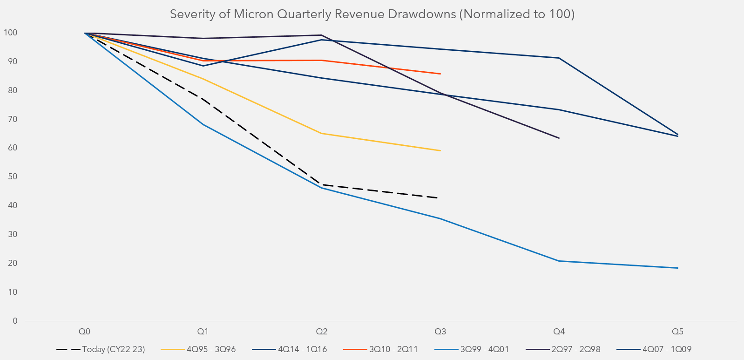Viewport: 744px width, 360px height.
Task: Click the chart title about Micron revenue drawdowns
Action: [372, 14]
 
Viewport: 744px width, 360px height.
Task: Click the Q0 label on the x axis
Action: [84, 332]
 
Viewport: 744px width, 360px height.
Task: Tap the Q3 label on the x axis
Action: [440, 332]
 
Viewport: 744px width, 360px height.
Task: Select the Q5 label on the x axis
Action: [677, 332]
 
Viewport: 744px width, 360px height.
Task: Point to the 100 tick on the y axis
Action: [10, 33]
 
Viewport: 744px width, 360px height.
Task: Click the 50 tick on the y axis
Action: [12, 177]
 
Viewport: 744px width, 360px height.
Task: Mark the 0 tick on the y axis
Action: [15, 321]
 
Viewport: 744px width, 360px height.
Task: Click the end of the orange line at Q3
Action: [440, 74]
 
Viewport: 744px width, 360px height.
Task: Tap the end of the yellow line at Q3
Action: [440, 150]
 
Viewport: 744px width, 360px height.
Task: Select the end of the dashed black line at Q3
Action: [438, 198]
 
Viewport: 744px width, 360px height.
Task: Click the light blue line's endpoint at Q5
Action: [677, 268]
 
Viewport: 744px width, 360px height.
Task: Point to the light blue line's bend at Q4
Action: [559, 261]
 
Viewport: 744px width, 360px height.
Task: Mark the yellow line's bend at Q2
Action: [321, 133]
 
